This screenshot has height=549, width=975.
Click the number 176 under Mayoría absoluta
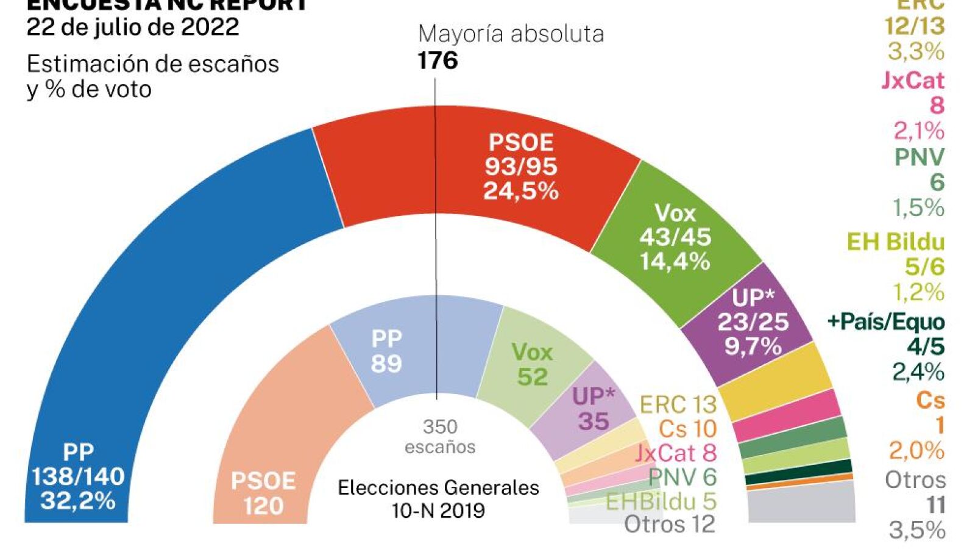tap(438, 60)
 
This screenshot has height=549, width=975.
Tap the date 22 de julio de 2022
tap(133, 27)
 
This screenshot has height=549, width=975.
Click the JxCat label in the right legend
tap(912, 81)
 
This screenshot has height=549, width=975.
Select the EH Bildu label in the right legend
tap(895, 242)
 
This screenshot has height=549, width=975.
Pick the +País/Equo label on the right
tap(886, 321)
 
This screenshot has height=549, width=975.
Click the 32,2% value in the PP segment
tap(78, 501)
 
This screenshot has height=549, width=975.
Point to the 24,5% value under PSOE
tap(521, 192)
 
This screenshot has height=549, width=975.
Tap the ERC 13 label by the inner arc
tap(678, 404)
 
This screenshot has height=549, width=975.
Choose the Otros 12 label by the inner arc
tap(669, 524)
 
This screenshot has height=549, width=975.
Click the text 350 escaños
tap(440, 437)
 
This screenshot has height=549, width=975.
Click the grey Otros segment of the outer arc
tap(801, 503)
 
